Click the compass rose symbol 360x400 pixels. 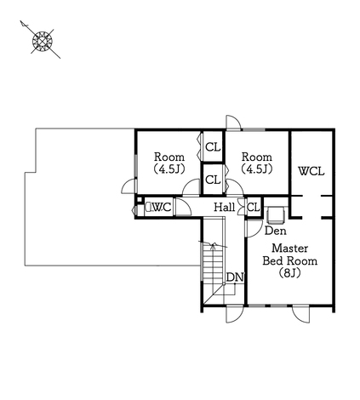click(43, 41)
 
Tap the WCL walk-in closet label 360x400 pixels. click(311, 171)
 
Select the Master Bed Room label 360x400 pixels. click(289, 254)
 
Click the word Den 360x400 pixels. click(275, 231)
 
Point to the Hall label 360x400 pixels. click(224, 207)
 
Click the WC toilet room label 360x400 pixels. click(162, 208)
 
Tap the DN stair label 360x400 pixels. click(235, 277)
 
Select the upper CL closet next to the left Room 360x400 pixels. click(213, 147)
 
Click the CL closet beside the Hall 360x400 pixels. click(254, 208)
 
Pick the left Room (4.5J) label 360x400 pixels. click(169, 163)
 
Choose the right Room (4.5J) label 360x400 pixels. click(257, 163)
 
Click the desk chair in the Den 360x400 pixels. click(276, 214)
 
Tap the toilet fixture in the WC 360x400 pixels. click(148, 207)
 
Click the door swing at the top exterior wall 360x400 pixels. click(233, 123)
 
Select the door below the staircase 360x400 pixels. click(234, 314)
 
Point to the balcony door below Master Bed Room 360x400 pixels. click(300, 314)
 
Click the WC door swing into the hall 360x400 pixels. click(183, 207)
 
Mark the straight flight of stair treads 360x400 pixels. click(213, 261)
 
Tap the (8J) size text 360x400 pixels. click(289, 273)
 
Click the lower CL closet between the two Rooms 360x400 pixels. click(213, 180)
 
